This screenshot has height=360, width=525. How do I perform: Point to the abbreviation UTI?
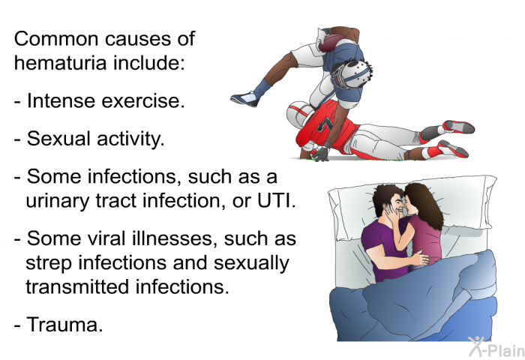(x=277, y=200)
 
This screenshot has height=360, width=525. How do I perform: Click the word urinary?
(x=58, y=201)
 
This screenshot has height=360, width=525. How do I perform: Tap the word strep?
(x=49, y=264)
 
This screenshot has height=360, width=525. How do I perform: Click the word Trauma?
(x=64, y=325)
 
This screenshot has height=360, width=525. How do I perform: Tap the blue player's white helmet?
(x=352, y=73)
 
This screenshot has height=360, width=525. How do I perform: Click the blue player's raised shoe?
(x=245, y=98)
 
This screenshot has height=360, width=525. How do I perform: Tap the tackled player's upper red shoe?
(x=458, y=127)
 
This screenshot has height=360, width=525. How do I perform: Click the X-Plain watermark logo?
(x=496, y=347)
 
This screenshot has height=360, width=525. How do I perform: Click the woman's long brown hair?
(x=424, y=205)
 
